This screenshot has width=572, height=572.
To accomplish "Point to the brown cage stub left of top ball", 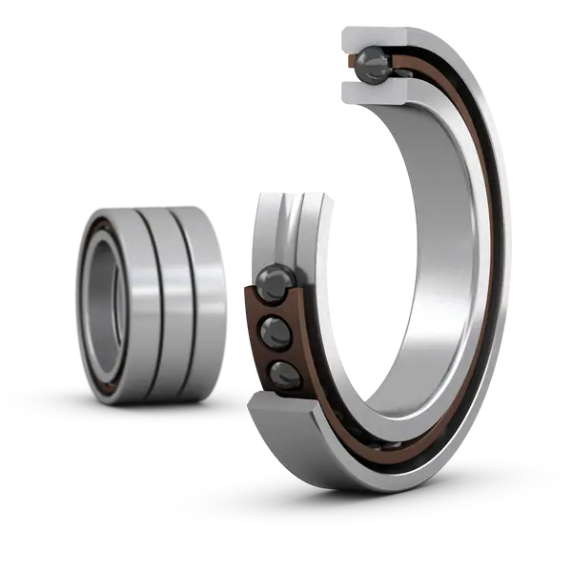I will (x=351, y=64).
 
